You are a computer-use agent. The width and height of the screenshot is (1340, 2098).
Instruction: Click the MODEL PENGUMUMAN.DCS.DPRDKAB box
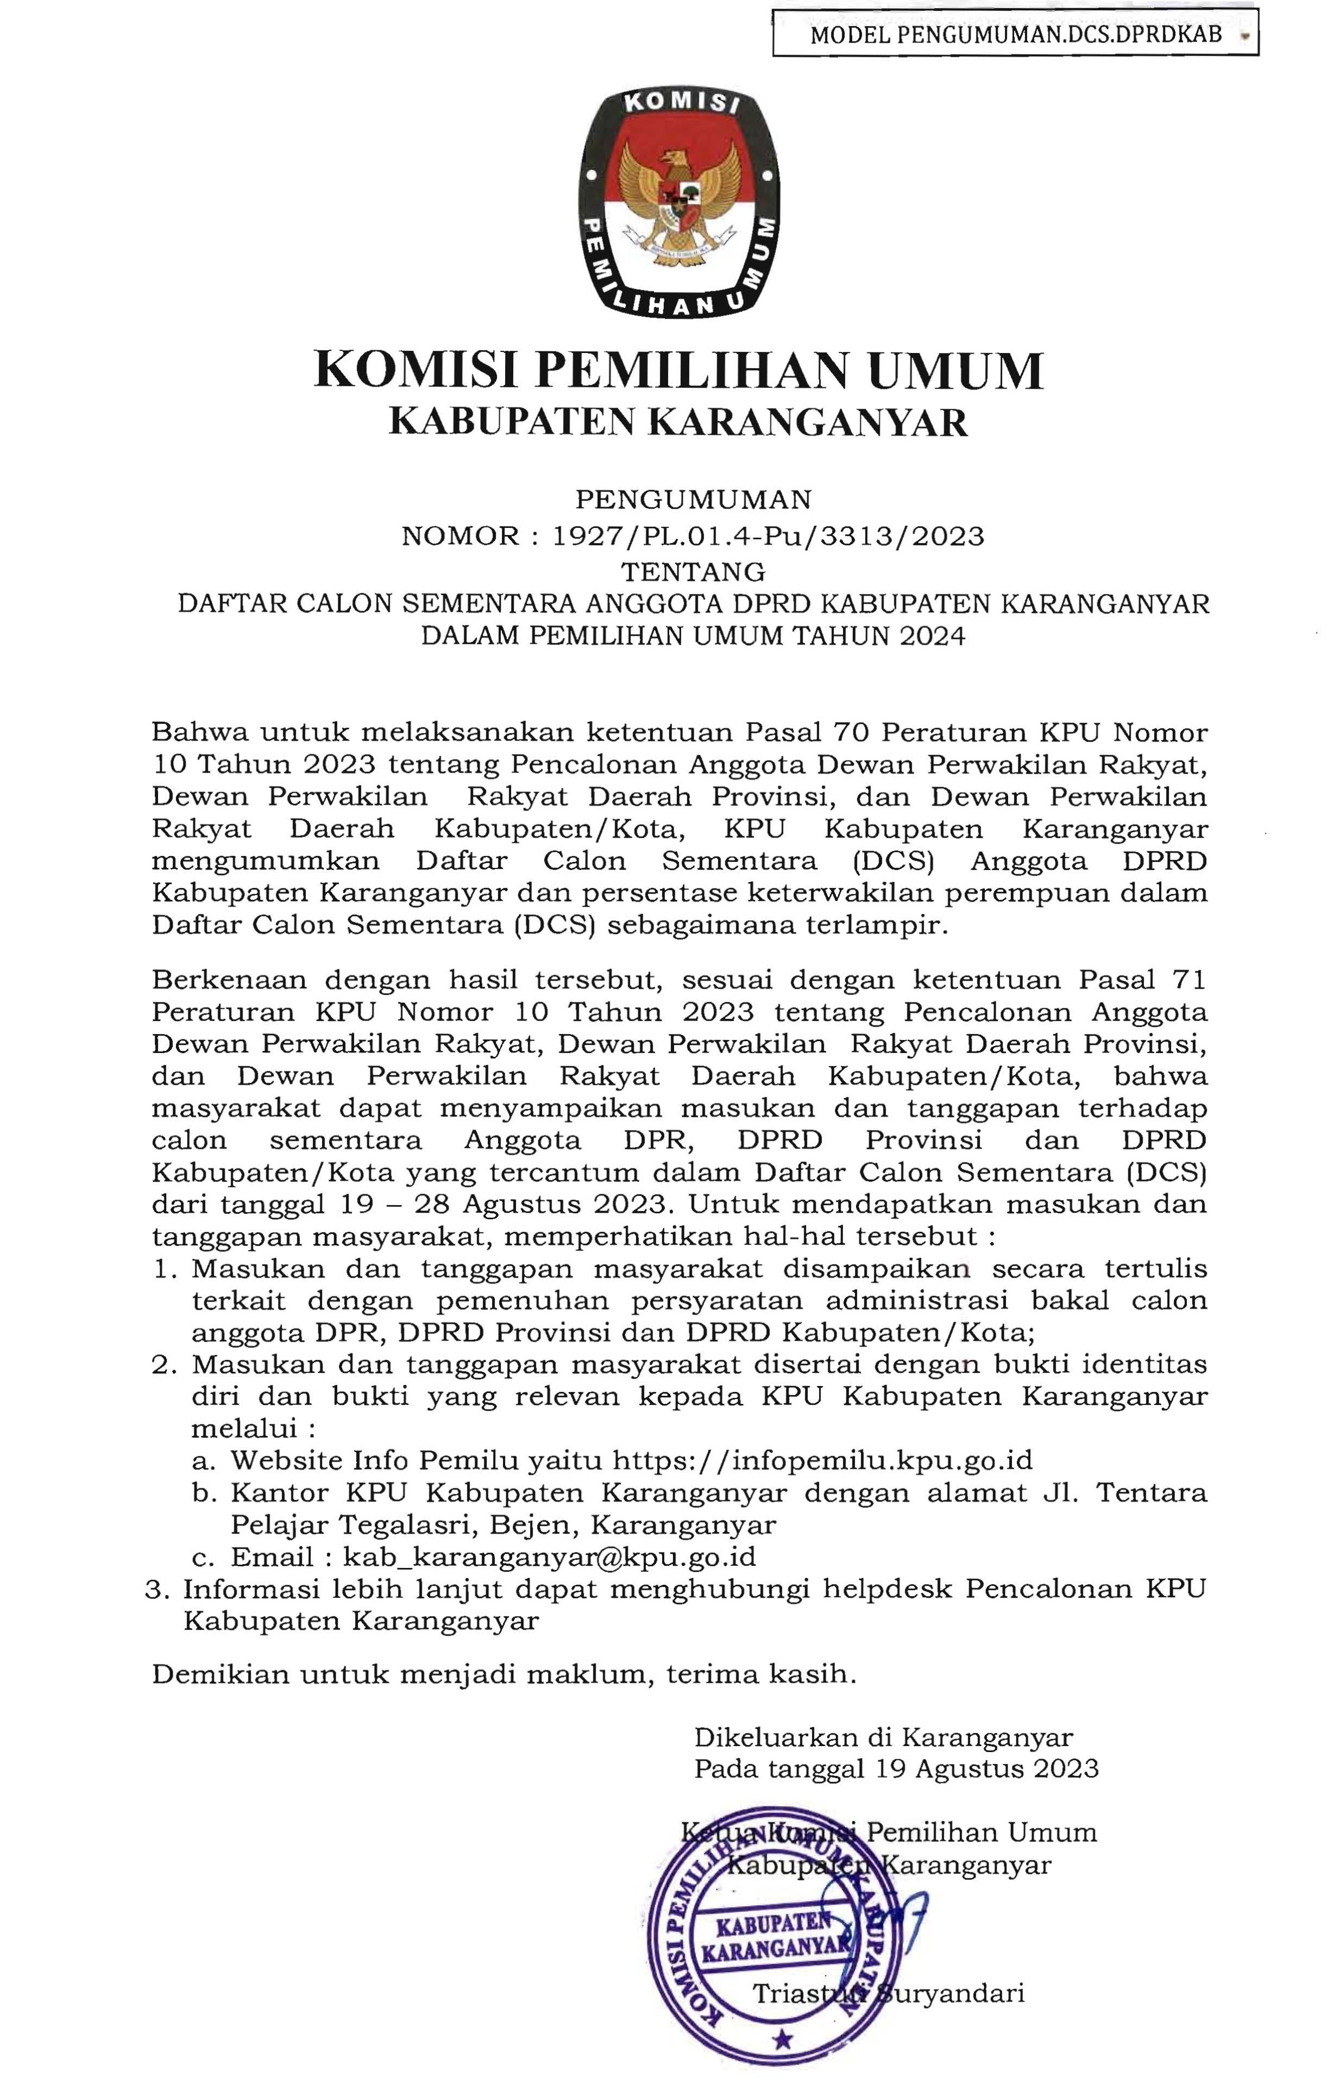point(1015,34)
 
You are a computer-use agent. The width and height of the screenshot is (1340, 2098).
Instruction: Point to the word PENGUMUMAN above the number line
point(694,499)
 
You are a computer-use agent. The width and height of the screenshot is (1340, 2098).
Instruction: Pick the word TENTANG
point(694,572)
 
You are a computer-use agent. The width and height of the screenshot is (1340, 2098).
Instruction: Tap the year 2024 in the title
point(933,636)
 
